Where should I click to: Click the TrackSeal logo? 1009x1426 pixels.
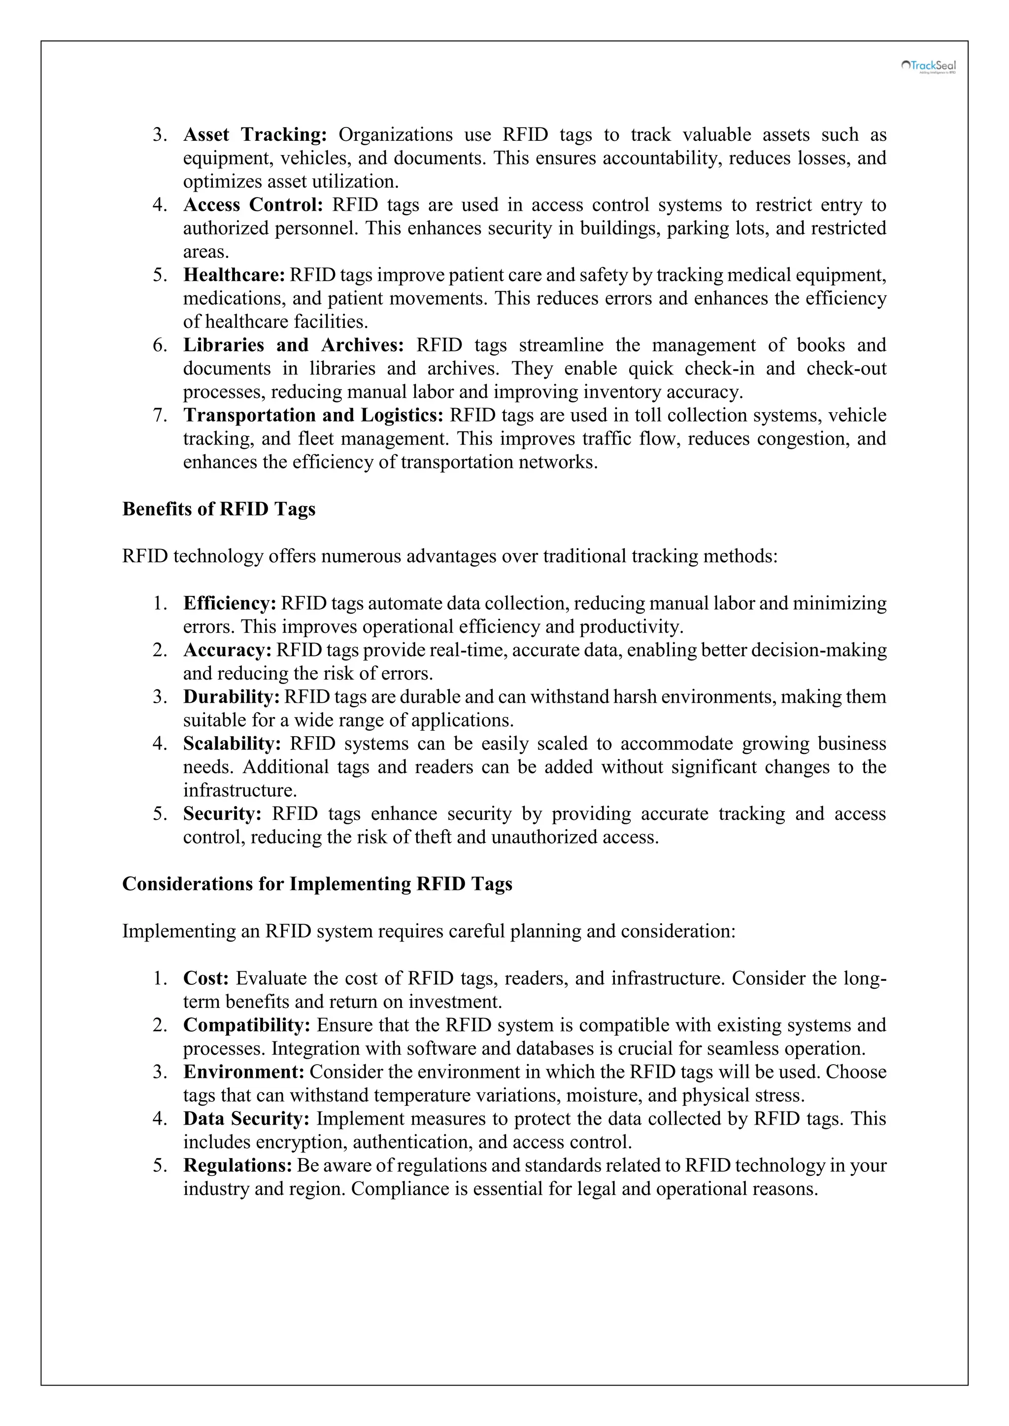(928, 66)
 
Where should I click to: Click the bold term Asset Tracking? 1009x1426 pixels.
(255, 135)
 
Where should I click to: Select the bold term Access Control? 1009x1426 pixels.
(253, 205)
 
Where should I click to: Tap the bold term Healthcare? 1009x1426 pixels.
(234, 275)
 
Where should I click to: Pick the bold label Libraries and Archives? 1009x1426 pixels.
(293, 345)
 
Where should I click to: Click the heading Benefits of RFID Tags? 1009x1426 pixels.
(219, 509)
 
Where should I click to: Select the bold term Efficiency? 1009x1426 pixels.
(229, 603)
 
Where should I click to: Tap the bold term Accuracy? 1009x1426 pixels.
(228, 650)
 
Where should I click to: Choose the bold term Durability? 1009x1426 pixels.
(231, 697)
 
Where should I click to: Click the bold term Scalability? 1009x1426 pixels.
(232, 744)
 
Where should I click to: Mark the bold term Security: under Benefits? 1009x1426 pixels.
(222, 814)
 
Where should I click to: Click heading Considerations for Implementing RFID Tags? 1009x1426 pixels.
(317, 884)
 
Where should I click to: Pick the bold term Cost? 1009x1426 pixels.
(205, 978)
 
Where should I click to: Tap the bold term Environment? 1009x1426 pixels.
(243, 1072)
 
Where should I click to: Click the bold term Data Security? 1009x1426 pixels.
(246, 1119)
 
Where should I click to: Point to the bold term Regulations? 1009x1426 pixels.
(237, 1166)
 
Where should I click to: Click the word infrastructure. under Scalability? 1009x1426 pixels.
(240, 791)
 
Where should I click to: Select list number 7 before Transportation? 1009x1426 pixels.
(160, 416)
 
